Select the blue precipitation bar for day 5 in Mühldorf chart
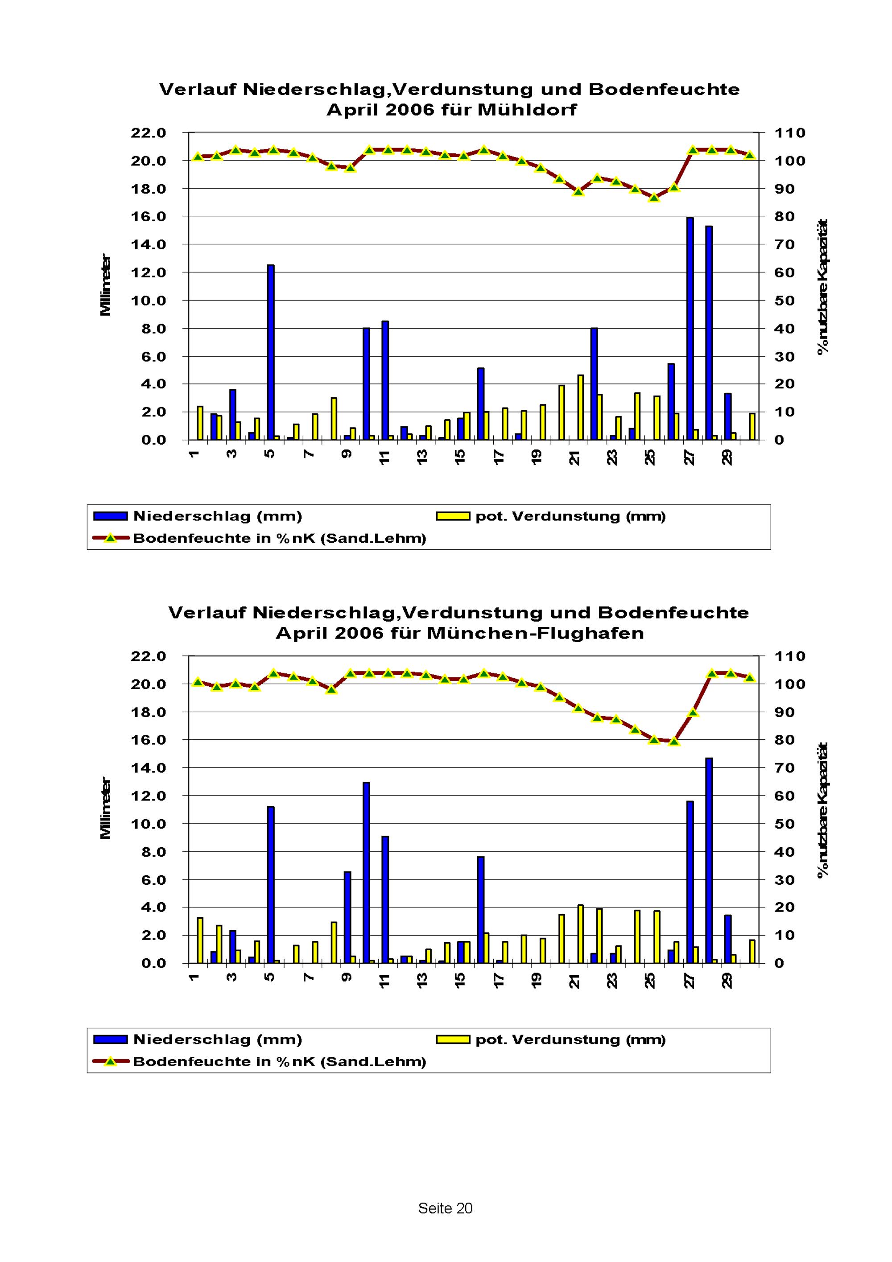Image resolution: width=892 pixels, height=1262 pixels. click(x=270, y=352)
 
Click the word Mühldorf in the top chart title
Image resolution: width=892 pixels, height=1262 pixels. click(x=528, y=110)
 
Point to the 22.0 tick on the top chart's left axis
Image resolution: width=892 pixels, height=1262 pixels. click(x=148, y=133)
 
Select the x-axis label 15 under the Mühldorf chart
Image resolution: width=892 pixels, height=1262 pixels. click(x=460, y=456)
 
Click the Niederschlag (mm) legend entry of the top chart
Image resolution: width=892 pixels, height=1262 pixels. click(x=218, y=516)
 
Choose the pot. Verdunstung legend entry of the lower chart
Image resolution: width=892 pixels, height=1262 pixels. click(x=570, y=1039)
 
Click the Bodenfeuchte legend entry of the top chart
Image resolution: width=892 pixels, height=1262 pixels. click(x=279, y=538)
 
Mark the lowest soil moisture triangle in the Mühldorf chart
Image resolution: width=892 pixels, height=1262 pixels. click(x=653, y=197)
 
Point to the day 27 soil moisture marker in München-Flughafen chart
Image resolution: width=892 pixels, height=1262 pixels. click(x=693, y=712)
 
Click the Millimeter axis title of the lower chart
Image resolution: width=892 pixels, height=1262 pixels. click(x=106, y=808)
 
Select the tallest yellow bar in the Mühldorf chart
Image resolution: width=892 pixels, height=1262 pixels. click(x=580, y=407)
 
